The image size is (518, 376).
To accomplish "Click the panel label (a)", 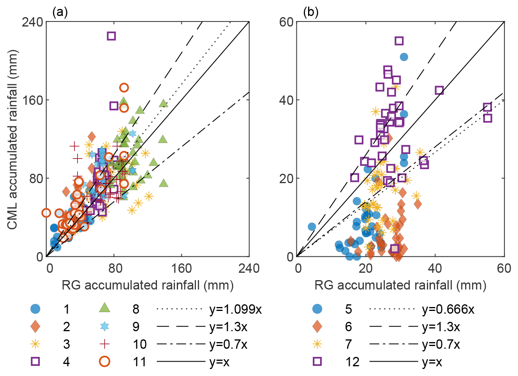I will [x=60, y=12].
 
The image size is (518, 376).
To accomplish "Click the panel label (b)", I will [x=310, y=12].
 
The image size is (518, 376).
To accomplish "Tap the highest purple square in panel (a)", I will [x=111, y=36].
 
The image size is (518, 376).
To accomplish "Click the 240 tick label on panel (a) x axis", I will [x=249, y=268].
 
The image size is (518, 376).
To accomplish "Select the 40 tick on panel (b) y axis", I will [x=286, y=100].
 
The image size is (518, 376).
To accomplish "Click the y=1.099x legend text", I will [x=236, y=309].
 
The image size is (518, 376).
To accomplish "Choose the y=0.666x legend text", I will [x=448, y=309].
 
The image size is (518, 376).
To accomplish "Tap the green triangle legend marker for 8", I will [x=104, y=308].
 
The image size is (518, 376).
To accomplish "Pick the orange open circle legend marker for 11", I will [x=104, y=362].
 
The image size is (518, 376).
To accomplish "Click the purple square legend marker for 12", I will [x=317, y=362].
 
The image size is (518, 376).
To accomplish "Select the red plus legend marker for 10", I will [x=104, y=344].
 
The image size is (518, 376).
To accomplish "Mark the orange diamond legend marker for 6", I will [x=317, y=327].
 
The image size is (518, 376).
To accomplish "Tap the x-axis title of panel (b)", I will [x=400, y=286].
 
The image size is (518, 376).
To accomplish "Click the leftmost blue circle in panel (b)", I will [x=312, y=227].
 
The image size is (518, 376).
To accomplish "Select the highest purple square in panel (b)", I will [x=399, y=41].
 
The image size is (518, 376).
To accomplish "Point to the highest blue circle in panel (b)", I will [x=404, y=57].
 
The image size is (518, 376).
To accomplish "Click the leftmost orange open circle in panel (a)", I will [x=46, y=213].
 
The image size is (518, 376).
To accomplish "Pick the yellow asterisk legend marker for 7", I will [x=317, y=344].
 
